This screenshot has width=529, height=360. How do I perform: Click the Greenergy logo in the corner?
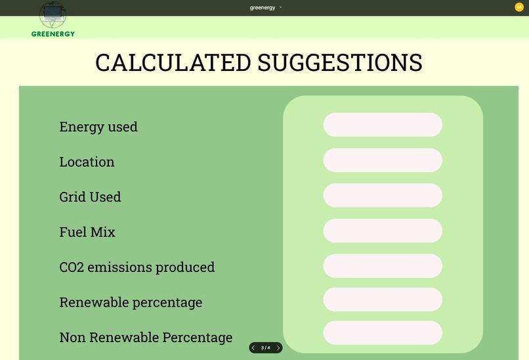click(x=53, y=18)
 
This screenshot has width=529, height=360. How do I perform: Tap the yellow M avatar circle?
click(x=519, y=7)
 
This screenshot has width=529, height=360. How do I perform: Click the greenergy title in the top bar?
click(x=263, y=7)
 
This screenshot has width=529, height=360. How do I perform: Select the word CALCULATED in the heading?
click(x=173, y=63)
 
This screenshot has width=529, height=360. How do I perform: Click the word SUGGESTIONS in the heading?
click(x=339, y=63)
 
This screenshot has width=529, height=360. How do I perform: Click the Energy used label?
click(x=98, y=127)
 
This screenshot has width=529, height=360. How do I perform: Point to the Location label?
click(x=87, y=162)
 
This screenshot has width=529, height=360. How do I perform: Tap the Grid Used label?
click(x=90, y=197)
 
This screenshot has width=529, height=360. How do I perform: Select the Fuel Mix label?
click(x=87, y=232)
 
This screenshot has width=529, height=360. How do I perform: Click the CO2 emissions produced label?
click(x=137, y=267)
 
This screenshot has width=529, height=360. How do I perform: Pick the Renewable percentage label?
click(x=131, y=302)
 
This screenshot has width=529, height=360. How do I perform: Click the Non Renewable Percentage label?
click(x=146, y=338)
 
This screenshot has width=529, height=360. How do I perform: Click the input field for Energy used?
click(x=383, y=125)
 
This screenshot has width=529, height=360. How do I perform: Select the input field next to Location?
click(x=383, y=160)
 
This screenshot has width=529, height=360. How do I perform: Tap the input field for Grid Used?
click(x=383, y=195)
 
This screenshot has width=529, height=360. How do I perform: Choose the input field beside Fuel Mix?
click(x=383, y=231)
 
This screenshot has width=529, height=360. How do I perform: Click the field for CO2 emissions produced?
click(x=383, y=266)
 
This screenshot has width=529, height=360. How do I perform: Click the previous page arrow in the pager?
click(x=253, y=348)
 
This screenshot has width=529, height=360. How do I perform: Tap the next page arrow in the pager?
click(x=278, y=348)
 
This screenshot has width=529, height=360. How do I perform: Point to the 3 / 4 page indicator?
click(x=265, y=348)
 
